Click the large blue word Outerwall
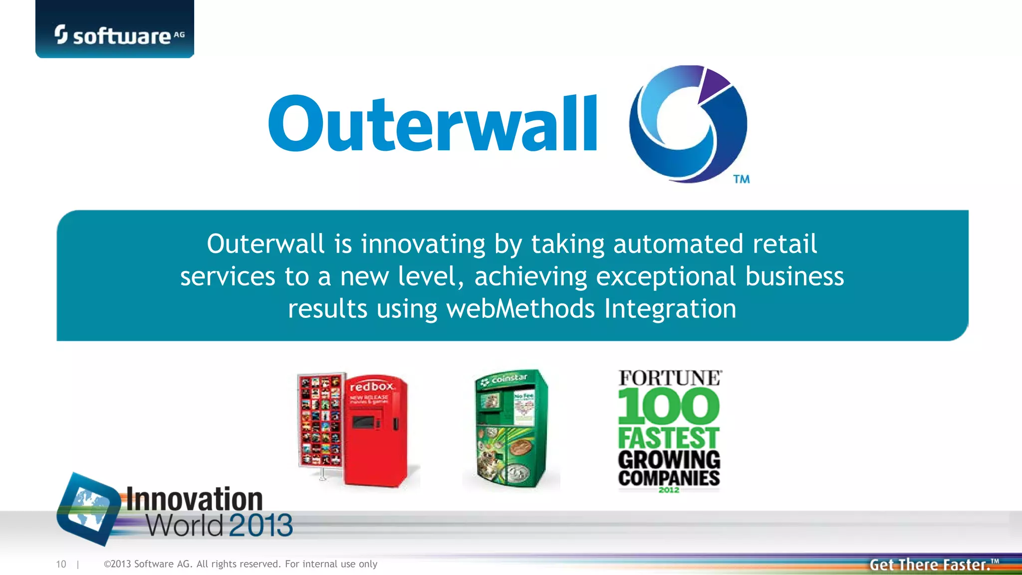point(432,124)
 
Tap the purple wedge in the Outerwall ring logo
point(713,84)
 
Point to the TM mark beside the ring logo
point(742,179)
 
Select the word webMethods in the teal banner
point(520,308)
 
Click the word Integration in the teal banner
point(670,308)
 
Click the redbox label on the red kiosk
point(372,387)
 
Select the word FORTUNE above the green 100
point(670,378)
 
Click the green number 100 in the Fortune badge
point(669,406)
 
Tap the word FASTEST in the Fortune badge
point(669,438)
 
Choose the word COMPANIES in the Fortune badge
point(669,478)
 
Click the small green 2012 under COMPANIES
point(669,490)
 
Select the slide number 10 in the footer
point(61,564)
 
